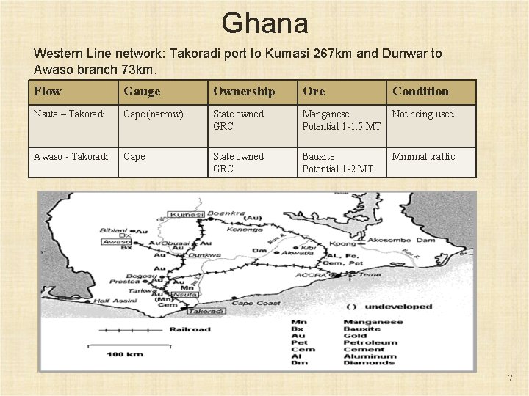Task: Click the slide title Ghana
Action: tap(264, 23)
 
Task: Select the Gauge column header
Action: tap(142, 92)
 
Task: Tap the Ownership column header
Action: tap(244, 92)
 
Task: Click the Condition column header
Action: tap(420, 92)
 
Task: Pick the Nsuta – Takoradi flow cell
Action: tap(69, 114)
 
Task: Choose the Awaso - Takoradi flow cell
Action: tap(71, 157)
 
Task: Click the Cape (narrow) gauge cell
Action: tap(154, 114)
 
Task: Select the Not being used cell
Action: tap(423, 114)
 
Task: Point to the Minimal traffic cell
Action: tap(423, 157)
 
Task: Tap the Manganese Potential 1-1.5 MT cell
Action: tap(341, 120)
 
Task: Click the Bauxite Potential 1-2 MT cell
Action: tap(337, 163)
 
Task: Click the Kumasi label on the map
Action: tap(187, 215)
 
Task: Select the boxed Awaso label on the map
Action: tap(116, 241)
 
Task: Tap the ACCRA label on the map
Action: tap(309, 275)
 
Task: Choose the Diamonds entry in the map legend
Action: tap(369, 362)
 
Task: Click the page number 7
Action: tap(510, 378)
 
